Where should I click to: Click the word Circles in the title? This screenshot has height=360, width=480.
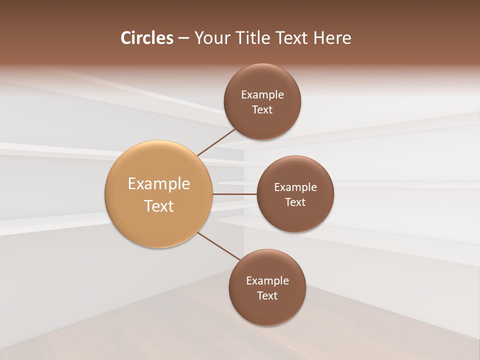coord(146,38)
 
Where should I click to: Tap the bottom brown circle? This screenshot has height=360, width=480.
coord(267,310)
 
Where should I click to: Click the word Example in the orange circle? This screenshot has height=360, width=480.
coord(159,184)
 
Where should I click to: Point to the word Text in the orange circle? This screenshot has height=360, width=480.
coord(159,206)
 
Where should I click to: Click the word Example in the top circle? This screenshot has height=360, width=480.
coord(262,94)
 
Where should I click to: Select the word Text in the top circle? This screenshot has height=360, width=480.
coord(262,109)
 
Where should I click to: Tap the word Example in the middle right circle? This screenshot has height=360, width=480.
coord(295,187)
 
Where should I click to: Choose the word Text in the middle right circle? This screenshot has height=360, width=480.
coord(295,202)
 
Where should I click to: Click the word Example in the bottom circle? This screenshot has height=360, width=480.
coord(267,280)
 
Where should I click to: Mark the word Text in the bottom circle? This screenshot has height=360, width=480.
coord(267,295)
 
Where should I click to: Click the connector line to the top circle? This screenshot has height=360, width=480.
coord(217,141)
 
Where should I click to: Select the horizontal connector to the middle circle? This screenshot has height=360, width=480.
coord(235,193)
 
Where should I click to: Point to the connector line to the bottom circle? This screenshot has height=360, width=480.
coord(219,246)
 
